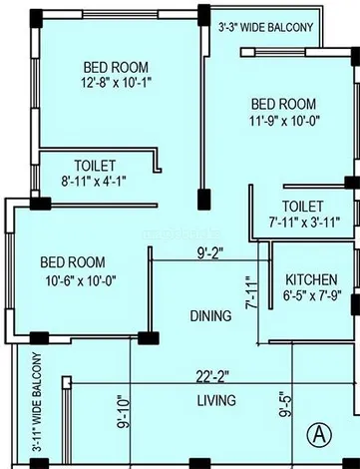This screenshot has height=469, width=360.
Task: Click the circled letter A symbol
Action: (x=319, y=434)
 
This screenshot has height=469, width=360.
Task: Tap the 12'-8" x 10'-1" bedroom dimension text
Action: (x=117, y=83)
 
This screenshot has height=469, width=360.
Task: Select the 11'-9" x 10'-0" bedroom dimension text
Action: (x=284, y=120)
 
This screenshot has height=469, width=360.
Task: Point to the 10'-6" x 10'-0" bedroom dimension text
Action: (x=81, y=281)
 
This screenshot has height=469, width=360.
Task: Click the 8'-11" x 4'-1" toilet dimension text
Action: (x=94, y=182)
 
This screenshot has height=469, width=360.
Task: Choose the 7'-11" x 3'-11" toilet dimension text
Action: (x=304, y=222)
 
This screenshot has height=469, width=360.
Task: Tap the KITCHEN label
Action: (x=311, y=279)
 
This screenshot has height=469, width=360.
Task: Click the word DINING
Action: (x=210, y=315)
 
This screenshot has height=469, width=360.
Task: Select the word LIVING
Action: (x=216, y=400)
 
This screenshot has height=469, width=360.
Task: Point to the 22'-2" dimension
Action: (x=212, y=377)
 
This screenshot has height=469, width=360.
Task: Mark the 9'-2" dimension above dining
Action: (x=210, y=253)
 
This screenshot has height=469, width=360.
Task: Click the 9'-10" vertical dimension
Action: (x=124, y=412)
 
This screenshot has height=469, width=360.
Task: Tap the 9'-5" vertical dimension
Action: (x=286, y=404)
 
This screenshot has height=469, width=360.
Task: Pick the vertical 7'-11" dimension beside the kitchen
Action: (x=251, y=292)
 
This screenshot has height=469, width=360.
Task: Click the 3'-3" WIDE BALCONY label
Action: (x=266, y=27)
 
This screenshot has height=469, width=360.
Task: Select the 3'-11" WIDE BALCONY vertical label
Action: (x=38, y=402)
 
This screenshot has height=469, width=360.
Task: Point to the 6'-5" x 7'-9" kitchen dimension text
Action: (x=312, y=295)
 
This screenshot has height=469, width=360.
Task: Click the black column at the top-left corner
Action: (x=36, y=18)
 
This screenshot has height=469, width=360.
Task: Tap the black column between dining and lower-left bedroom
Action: (x=149, y=338)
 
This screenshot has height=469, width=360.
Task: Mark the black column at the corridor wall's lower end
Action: (x=204, y=200)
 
